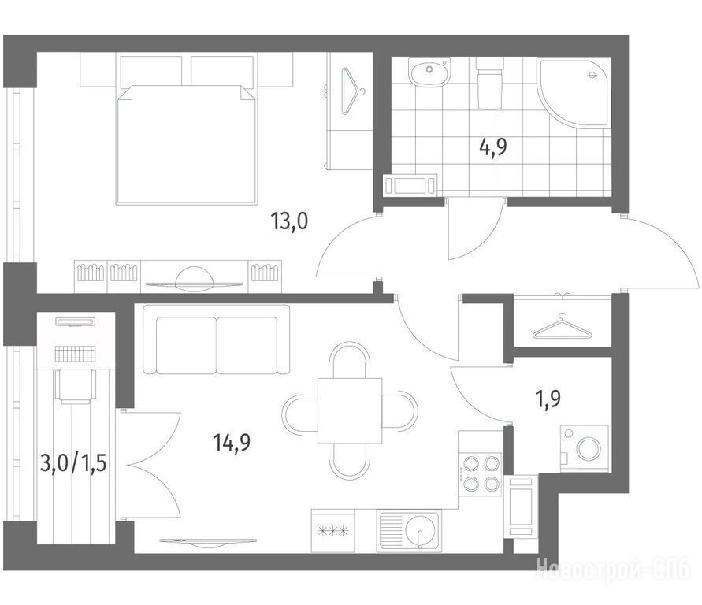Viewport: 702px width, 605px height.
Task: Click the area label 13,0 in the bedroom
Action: (x=289, y=221)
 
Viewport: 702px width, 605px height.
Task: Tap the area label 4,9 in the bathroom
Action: (x=493, y=147)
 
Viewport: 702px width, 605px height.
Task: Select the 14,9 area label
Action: (x=232, y=442)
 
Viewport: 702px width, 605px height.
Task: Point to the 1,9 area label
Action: (x=548, y=398)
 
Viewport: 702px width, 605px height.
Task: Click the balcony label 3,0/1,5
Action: (x=73, y=462)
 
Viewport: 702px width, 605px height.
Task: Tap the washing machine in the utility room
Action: (x=585, y=448)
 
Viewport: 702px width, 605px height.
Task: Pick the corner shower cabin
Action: (x=574, y=93)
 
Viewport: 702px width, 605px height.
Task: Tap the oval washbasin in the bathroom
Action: (x=429, y=72)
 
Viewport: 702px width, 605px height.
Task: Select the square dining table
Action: (x=350, y=410)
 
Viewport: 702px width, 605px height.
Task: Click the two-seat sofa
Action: (x=216, y=340)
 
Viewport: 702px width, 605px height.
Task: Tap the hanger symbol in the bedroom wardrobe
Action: (x=353, y=91)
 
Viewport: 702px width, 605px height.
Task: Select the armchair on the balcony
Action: (x=76, y=387)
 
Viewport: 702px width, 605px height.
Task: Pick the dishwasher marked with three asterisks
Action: (x=332, y=531)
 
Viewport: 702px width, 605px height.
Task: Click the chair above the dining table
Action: (x=350, y=360)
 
